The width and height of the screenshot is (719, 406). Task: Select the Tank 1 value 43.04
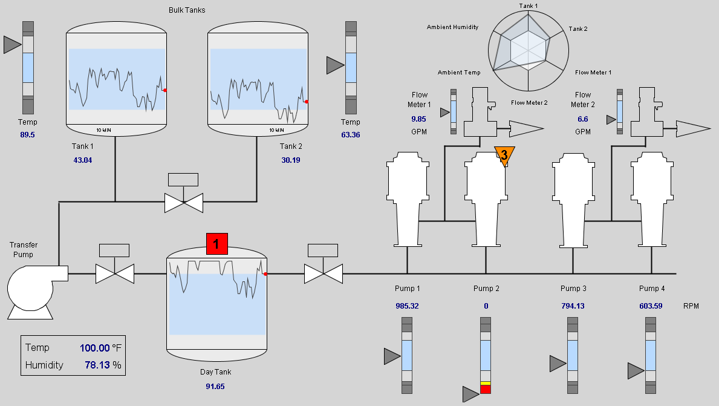point(82,160)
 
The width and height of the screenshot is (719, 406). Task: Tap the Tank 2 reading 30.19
point(290,160)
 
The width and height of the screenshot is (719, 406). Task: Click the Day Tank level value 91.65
point(215,386)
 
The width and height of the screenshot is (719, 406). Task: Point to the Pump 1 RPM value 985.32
point(407,306)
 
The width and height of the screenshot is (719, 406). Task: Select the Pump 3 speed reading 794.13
point(572,306)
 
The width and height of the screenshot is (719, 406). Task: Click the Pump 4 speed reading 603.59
point(651,306)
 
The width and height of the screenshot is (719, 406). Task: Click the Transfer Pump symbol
point(33,289)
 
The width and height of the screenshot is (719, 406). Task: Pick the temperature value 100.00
point(95,348)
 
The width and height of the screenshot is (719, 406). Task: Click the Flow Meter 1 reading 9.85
point(418,119)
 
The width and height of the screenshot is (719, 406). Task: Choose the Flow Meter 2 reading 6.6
point(583,119)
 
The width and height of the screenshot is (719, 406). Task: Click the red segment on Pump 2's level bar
point(486,390)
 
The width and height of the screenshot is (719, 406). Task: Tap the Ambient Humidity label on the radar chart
point(452,27)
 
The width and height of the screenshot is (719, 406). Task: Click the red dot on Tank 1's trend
point(165,90)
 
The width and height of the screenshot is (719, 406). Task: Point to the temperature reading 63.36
point(351,135)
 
